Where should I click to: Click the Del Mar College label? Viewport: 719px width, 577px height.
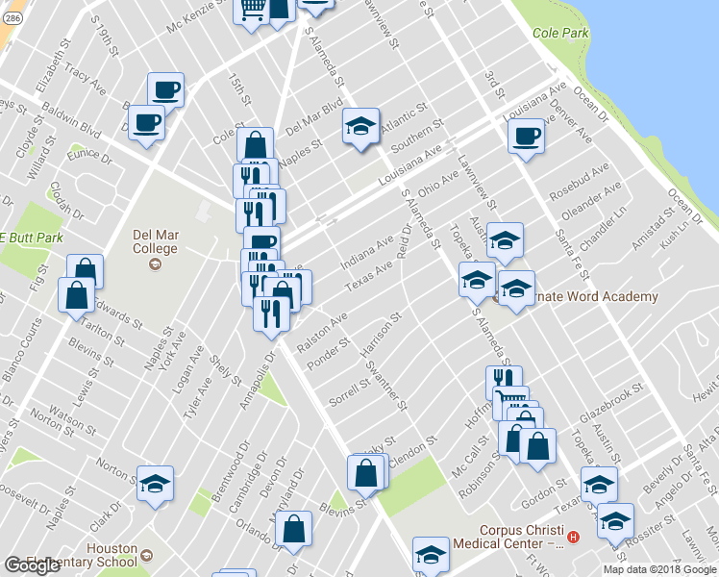(x=155, y=241)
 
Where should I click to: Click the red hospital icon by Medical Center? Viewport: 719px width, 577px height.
(x=573, y=537)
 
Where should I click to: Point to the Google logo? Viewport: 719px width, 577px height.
(x=32, y=565)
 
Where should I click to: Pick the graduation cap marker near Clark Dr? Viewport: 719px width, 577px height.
(x=154, y=485)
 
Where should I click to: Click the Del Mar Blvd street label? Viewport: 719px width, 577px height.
(x=314, y=121)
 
